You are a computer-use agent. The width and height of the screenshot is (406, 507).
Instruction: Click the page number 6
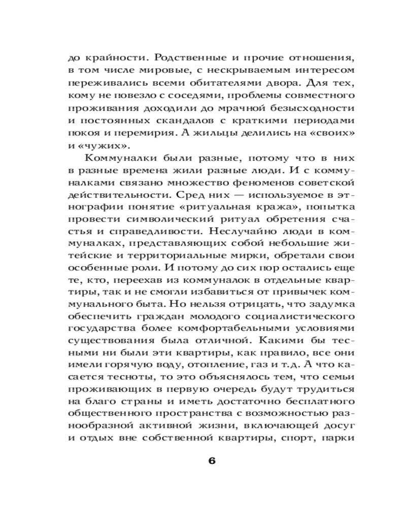[x=212, y=461]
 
